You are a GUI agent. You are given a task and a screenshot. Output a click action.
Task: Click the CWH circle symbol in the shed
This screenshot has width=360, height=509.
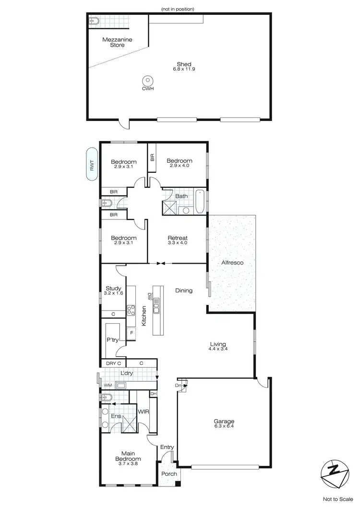click(148, 81)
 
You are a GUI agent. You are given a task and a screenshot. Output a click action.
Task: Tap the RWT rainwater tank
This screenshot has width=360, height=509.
click(91, 164)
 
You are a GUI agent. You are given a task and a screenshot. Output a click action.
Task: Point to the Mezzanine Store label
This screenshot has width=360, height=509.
click(113, 42)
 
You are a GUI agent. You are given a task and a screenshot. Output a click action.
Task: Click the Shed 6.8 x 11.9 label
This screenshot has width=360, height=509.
click(184, 67)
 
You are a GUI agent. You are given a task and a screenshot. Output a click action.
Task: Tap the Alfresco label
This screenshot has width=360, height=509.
click(232, 263)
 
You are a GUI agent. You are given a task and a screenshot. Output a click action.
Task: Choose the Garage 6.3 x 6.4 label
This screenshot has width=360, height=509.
click(224, 424)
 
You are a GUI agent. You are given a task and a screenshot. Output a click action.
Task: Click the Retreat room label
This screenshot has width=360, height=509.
click(177, 240)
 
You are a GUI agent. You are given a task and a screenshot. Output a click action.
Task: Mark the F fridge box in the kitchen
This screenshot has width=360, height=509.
click(131, 332)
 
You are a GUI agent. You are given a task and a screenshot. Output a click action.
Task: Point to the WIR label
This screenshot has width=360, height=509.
click(143, 412)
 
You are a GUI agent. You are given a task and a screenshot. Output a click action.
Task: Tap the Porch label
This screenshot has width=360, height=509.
click(169, 474)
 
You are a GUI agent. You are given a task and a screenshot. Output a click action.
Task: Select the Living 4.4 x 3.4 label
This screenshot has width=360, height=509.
click(218, 346)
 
